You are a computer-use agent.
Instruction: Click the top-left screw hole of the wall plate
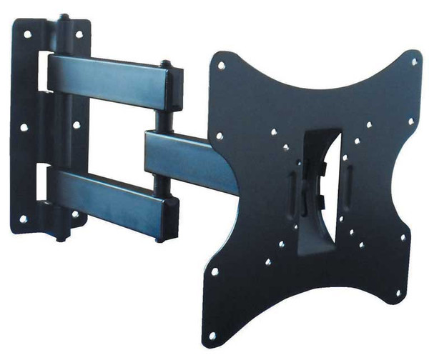[26, 34]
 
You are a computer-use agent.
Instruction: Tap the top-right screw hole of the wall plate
[78, 34]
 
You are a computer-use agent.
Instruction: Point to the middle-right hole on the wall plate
[76, 125]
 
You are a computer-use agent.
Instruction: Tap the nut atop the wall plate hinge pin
[64, 16]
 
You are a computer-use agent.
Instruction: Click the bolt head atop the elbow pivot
[165, 64]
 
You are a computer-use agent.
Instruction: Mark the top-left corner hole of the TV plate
[222, 66]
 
